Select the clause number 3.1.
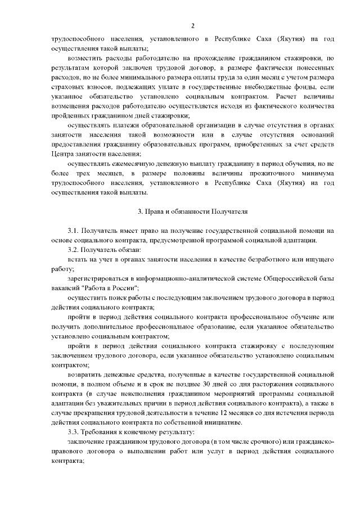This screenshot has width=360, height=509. pyautogui.click(x=73, y=231)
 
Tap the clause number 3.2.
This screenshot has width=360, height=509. pyautogui.click(x=73, y=249)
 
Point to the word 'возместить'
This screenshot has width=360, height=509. pyautogui.click(x=85, y=58)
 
